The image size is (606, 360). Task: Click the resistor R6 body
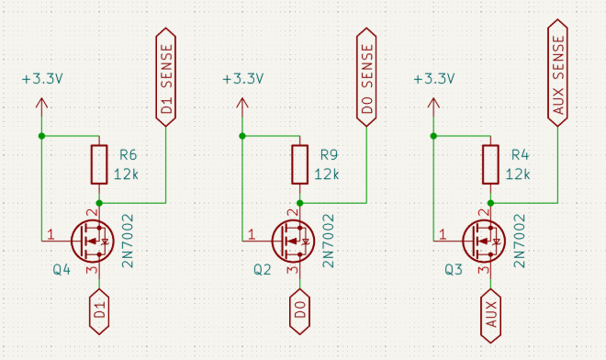tap(99, 164)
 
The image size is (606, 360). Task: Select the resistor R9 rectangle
tap(300, 164)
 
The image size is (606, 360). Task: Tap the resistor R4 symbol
tap(491, 164)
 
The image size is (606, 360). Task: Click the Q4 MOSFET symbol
tap(93, 242)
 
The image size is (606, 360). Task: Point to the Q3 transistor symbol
tap(484, 242)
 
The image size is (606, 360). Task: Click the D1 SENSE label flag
tap(166, 77)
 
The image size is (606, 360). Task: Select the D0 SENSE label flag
tap(366, 77)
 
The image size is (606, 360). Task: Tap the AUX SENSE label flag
tap(557, 73)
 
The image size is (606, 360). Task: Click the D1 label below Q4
tap(99, 311)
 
